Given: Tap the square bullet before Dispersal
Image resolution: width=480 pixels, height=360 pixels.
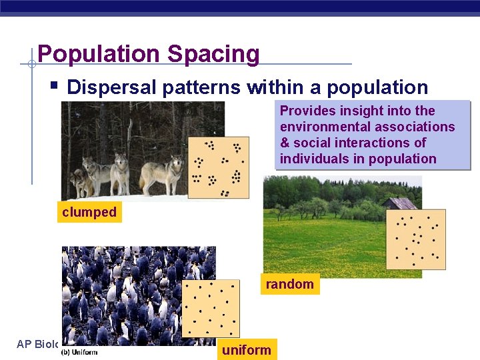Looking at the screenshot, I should pyautogui.click(x=54, y=86).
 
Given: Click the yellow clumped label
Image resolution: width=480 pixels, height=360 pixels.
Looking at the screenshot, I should pyautogui.click(x=89, y=213).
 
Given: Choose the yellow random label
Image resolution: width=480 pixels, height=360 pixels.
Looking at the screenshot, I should pyautogui.click(x=289, y=285).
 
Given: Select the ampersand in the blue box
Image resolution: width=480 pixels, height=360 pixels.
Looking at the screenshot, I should pyautogui.click(x=285, y=143).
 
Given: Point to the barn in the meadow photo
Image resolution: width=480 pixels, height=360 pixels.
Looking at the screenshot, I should pyautogui.click(x=399, y=203).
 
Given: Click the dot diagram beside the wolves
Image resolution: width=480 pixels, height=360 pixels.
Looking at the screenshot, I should pyautogui.click(x=218, y=167).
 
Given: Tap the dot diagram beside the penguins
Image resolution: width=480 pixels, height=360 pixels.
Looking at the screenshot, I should pyautogui.click(x=210, y=309).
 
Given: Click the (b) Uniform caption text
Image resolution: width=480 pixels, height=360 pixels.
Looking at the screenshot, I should pyautogui.click(x=79, y=351).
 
